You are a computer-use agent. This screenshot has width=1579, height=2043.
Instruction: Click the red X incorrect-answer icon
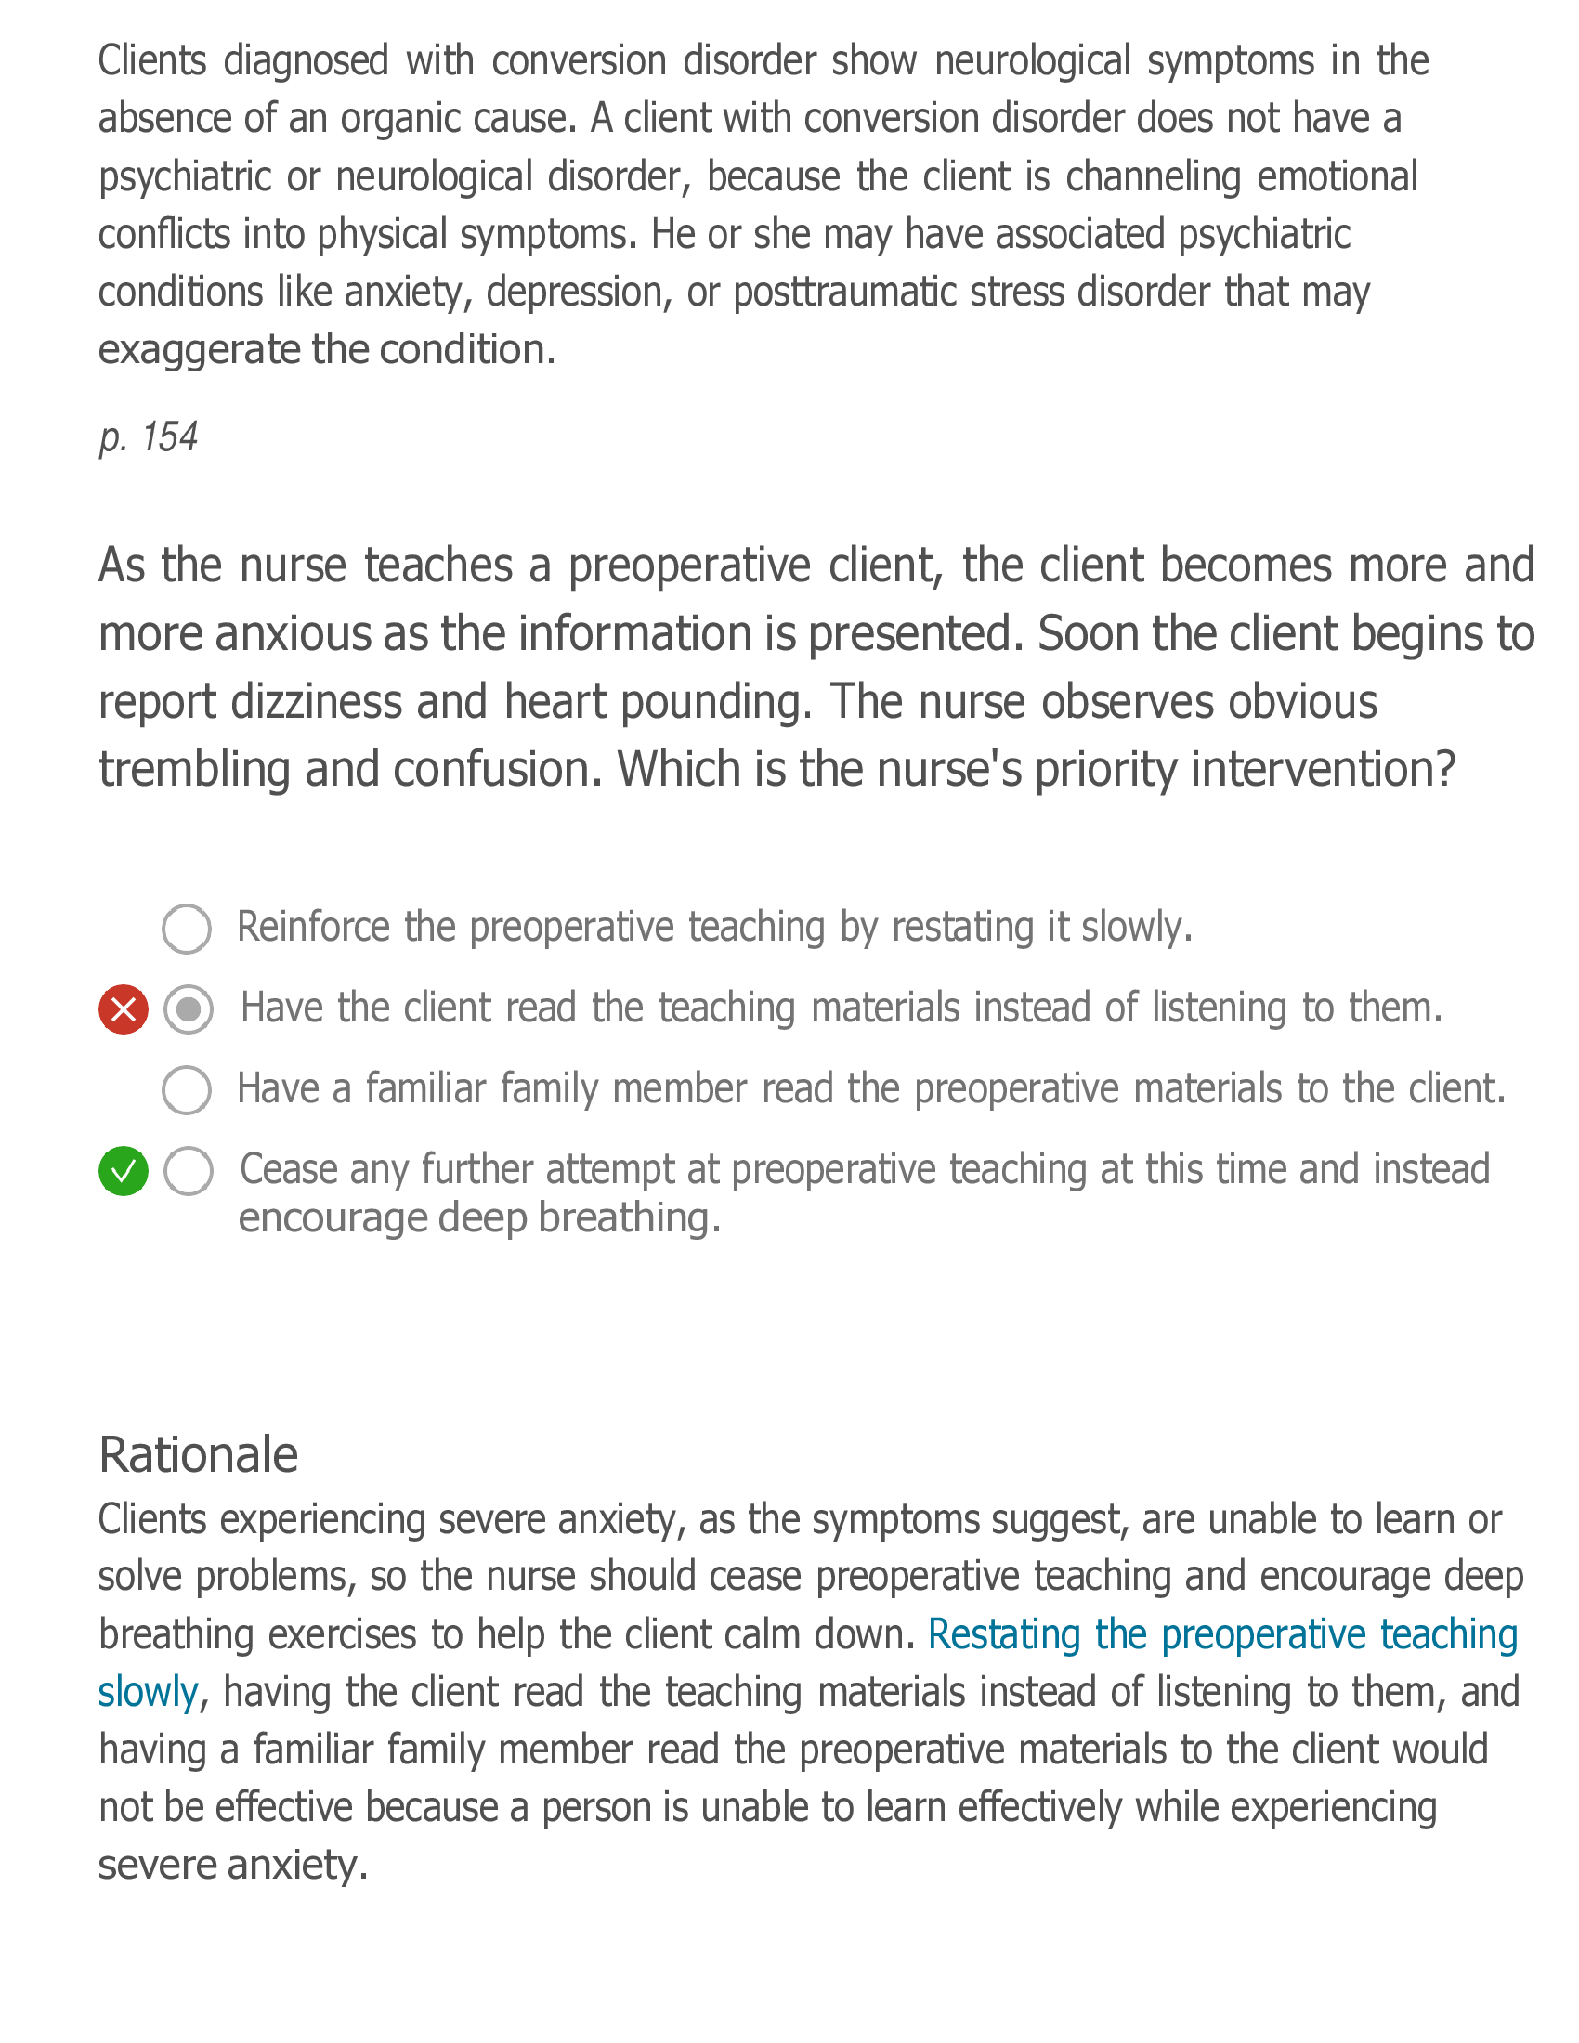click(124, 1009)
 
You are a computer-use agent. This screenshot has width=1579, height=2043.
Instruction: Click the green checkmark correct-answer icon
click(124, 1170)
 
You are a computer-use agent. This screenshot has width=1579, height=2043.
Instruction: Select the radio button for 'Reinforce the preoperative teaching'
click(187, 929)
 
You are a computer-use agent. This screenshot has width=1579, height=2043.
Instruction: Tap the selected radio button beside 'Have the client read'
click(188, 1009)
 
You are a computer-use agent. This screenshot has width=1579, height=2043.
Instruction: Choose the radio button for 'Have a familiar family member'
click(187, 1090)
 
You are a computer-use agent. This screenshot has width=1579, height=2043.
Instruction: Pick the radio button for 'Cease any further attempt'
click(188, 1170)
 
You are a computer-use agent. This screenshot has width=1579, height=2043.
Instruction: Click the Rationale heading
click(199, 1454)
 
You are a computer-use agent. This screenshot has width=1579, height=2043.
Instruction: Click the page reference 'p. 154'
click(149, 436)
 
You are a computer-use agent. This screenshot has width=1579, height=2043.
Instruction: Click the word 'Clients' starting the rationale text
click(151, 1519)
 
